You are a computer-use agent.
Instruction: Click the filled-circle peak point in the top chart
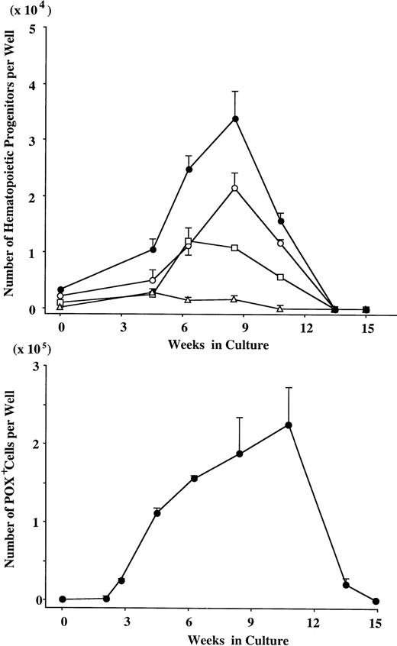(235, 119)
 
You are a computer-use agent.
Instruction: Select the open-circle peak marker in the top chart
(235, 188)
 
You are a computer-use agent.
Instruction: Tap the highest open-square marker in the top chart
(188, 241)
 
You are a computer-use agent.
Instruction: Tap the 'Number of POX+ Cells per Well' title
(11, 489)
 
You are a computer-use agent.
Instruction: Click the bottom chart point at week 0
(62, 599)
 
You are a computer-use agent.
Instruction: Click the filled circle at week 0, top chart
(61, 289)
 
